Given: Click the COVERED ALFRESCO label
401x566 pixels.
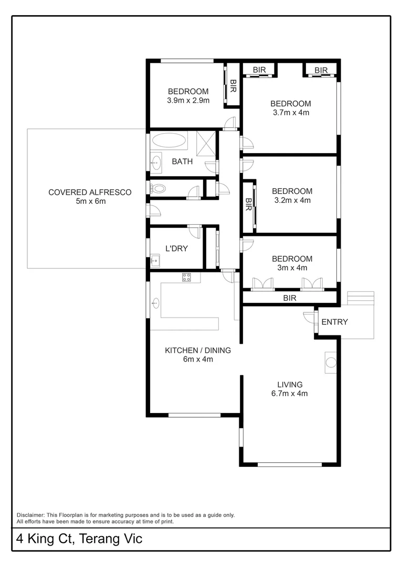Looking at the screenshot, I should pyautogui.click(x=90, y=192).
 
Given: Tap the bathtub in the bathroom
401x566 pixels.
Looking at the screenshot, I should pyautogui.click(x=168, y=141).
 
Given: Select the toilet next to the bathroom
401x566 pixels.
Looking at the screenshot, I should pyautogui.click(x=158, y=189).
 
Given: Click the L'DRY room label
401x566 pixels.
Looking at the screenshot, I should pyautogui.click(x=176, y=248).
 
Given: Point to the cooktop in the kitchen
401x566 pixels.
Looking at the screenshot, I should pyautogui.click(x=187, y=277).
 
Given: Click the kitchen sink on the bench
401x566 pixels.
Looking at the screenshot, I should pyautogui.click(x=156, y=302).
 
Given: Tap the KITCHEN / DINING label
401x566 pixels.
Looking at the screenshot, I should pyautogui.click(x=197, y=351).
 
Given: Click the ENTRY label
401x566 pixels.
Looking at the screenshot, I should pyautogui.click(x=334, y=322).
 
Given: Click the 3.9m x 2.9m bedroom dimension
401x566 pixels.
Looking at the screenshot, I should pyautogui.click(x=188, y=100).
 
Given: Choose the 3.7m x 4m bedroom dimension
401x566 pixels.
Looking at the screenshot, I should pyautogui.click(x=291, y=112).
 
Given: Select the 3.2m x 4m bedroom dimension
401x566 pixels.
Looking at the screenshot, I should pyautogui.click(x=292, y=200).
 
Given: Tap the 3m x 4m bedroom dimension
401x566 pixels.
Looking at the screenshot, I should pyautogui.click(x=292, y=267).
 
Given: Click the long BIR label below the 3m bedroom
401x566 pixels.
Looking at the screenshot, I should pyautogui.click(x=290, y=298).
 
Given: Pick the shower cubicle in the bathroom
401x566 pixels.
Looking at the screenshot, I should pyautogui.click(x=206, y=141).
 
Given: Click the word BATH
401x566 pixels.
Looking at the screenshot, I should pyautogui.click(x=182, y=161).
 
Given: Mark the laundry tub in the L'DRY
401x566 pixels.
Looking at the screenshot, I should pyautogui.click(x=155, y=260).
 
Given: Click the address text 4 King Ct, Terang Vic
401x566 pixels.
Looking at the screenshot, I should pyautogui.click(x=79, y=539).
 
